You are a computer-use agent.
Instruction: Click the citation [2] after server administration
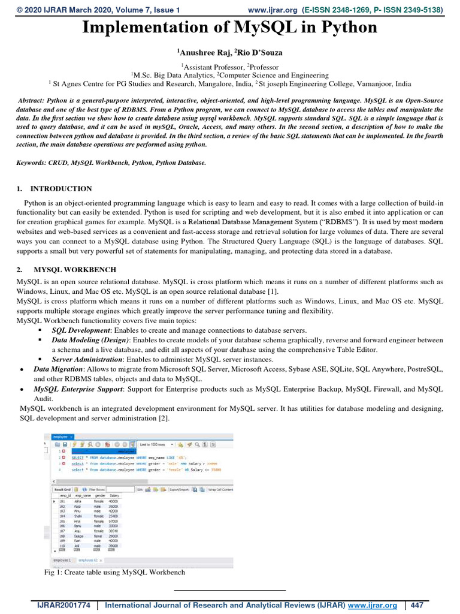pyautogui.click(x=164, y=419)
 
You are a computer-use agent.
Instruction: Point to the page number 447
pyautogui.click(x=416, y=605)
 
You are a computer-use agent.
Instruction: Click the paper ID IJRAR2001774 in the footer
pyautogui.click(x=59, y=605)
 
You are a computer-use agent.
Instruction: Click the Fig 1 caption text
pyautogui.click(x=114, y=572)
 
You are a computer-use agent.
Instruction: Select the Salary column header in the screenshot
pyautogui.click(x=114, y=496)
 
